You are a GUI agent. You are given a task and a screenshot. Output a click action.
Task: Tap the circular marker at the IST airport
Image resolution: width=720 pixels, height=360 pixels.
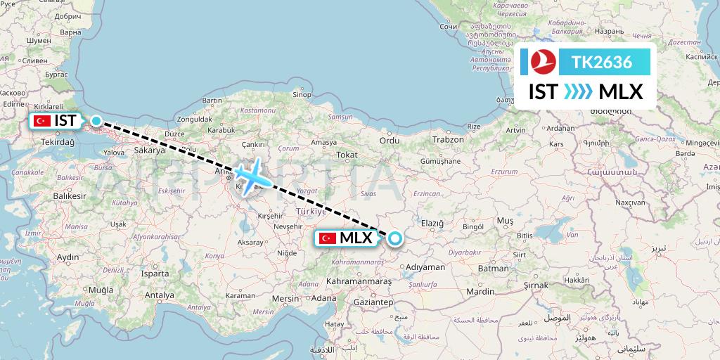96,120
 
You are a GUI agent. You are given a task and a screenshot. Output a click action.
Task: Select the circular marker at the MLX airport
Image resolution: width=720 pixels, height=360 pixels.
394,238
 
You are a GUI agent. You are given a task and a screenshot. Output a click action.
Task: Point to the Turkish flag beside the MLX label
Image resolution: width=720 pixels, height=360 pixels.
327,238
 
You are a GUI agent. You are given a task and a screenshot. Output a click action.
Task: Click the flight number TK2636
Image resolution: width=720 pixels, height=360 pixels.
601,63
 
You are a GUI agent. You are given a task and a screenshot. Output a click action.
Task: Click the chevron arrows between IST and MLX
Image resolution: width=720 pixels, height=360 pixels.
579,92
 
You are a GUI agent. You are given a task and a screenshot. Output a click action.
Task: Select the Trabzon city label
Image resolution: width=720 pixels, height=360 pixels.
448,139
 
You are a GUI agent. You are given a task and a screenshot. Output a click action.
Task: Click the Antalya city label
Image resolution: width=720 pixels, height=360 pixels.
158,295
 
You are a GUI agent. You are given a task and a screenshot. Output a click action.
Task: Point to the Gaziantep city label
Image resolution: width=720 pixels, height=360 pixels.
372,302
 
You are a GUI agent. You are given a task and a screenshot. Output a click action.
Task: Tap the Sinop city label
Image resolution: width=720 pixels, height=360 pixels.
302,95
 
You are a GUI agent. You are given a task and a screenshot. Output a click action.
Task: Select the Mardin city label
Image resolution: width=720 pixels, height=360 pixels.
480,291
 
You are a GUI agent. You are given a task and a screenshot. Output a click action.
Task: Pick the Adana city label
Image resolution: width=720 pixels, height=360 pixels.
325,298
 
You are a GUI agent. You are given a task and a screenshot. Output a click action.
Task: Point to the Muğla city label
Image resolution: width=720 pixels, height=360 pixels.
101,290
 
